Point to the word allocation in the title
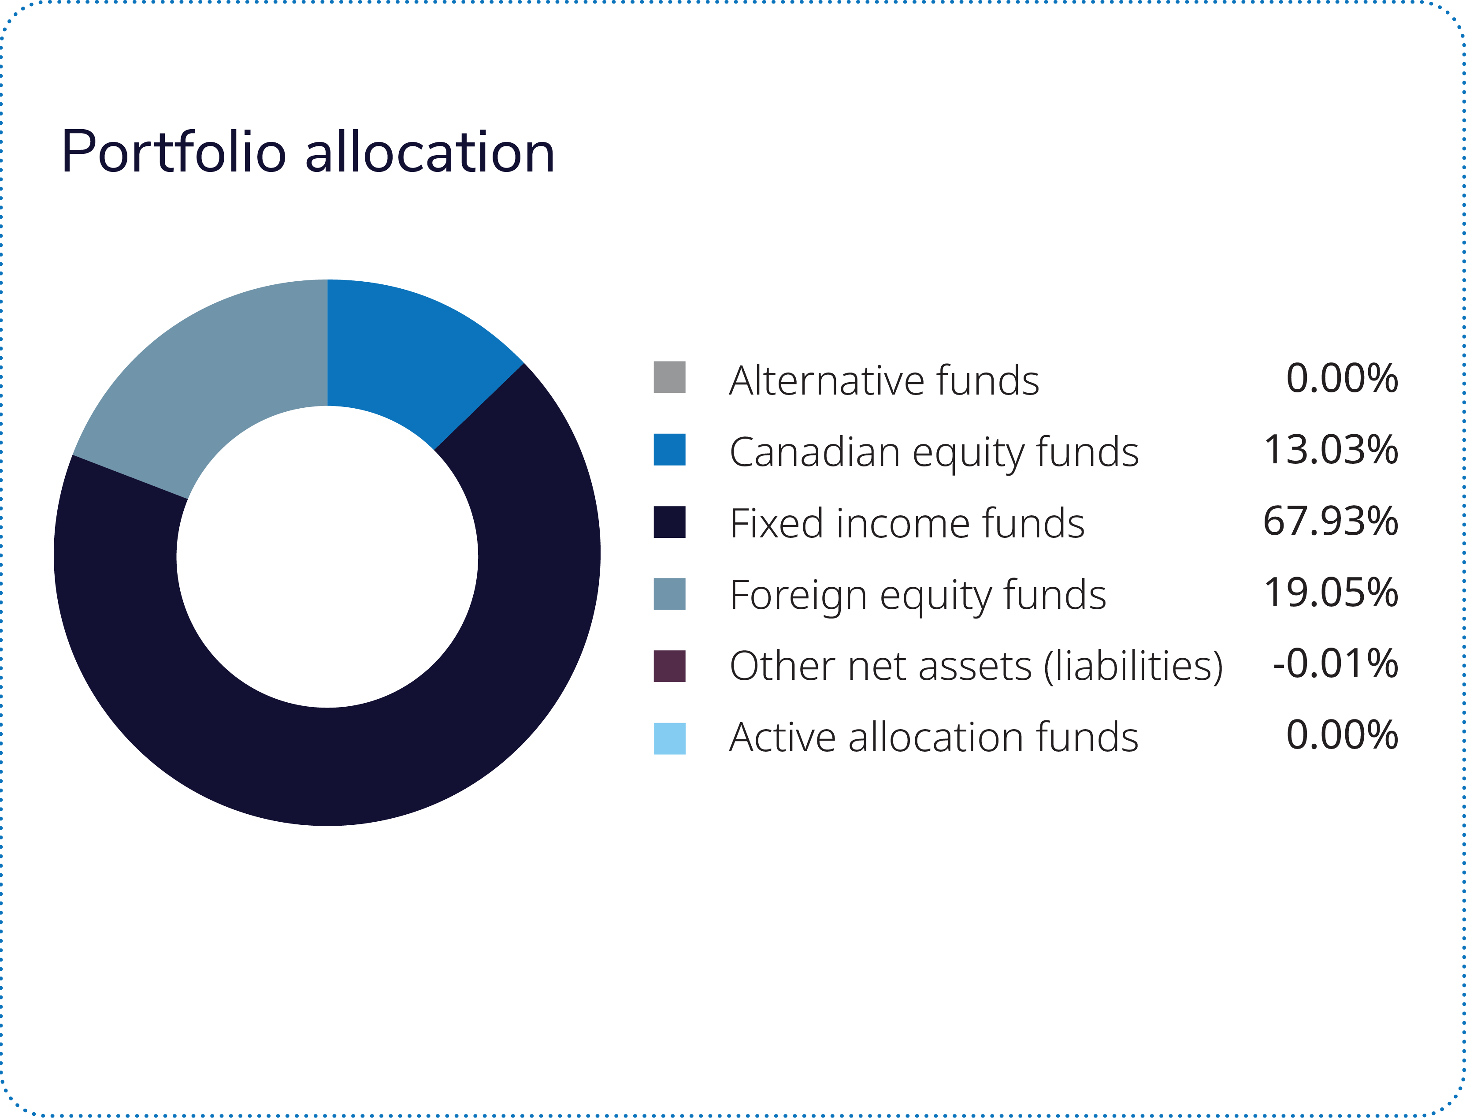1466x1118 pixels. (x=430, y=153)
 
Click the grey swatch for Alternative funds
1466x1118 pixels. (x=669, y=377)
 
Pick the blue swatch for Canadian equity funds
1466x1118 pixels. (x=669, y=449)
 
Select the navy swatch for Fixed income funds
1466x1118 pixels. (x=669, y=522)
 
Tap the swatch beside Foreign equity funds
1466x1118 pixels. (x=669, y=593)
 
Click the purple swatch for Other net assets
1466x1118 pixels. (x=669, y=666)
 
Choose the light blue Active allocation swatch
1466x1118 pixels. (x=669, y=738)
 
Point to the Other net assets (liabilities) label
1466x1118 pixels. (x=976, y=666)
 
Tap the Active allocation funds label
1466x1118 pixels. (x=934, y=738)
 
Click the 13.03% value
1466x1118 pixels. (x=1330, y=450)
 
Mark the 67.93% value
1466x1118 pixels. (x=1330, y=521)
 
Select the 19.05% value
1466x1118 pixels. (x=1330, y=592)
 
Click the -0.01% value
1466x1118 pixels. (x=1335, y=663)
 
